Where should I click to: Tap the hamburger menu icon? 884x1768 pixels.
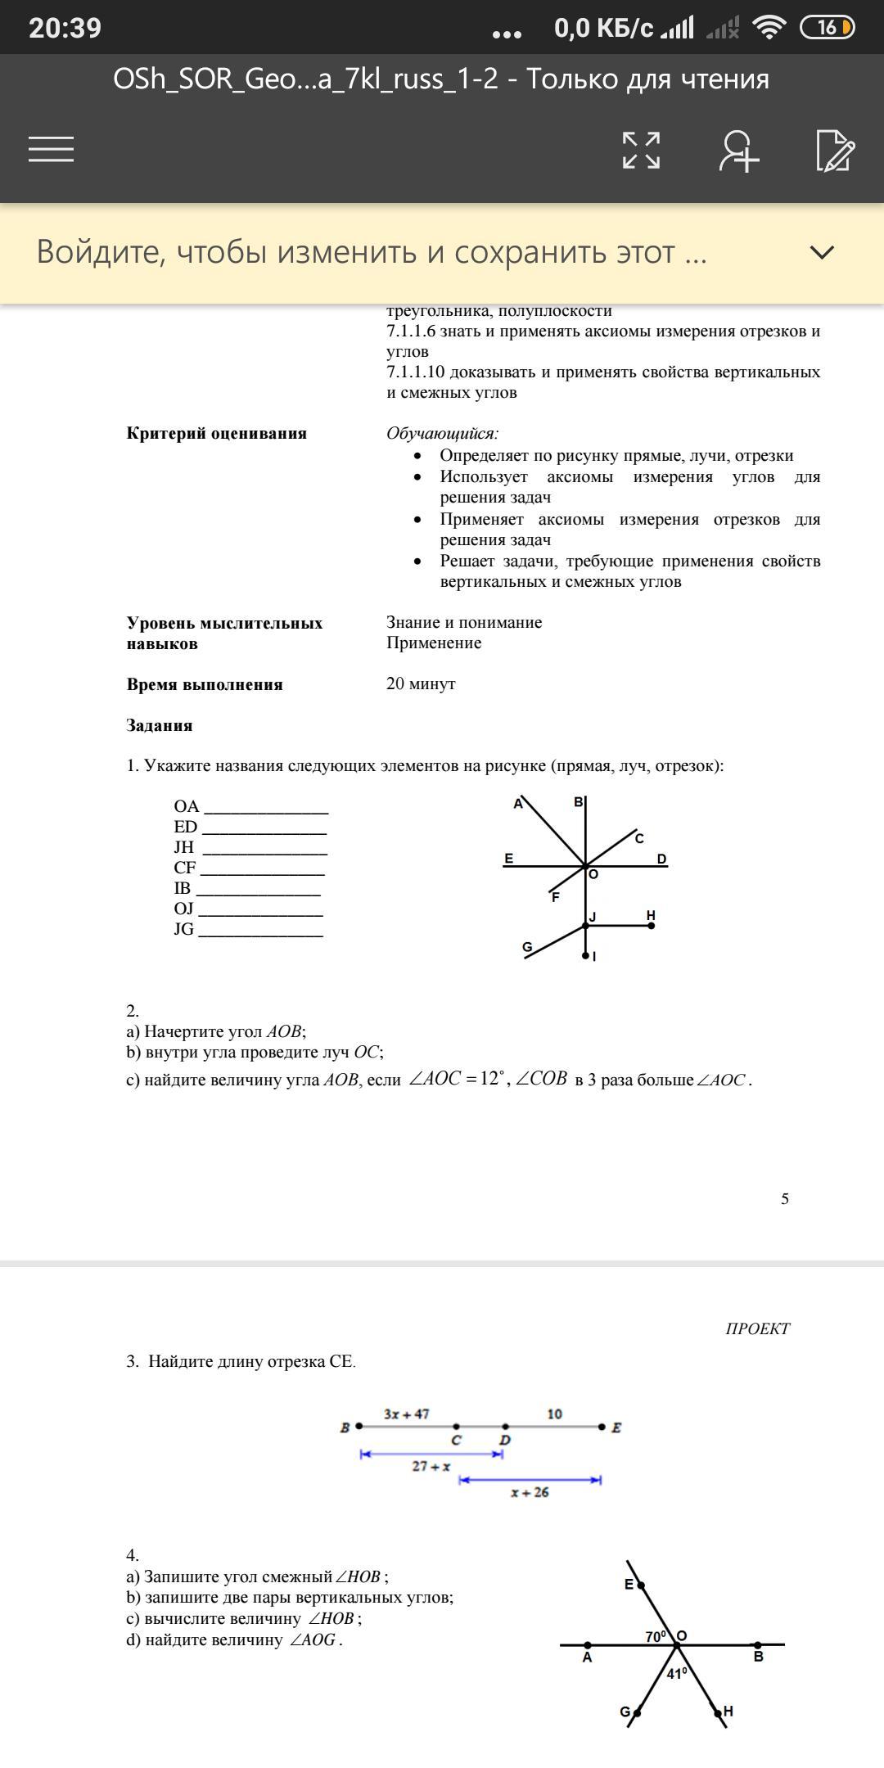[51, 149]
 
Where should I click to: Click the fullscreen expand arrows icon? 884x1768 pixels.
[641, 150]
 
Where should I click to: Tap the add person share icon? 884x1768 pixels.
[739, 151]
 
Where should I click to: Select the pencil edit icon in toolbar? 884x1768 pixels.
[835, 151]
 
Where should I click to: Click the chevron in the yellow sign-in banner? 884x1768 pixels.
[821, 252]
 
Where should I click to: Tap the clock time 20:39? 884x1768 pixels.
[65, 28]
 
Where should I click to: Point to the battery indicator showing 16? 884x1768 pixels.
[827, 28]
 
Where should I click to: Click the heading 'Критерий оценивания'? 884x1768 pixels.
[216, 434]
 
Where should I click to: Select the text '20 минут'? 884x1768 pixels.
[421, 684]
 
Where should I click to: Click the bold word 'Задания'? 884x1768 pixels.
[160, 726]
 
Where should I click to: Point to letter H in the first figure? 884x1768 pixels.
[651, 915]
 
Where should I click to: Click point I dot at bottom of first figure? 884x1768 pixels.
[585, 955]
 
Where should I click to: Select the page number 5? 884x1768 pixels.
[785, 1199]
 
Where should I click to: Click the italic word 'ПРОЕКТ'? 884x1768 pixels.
[757, 1329]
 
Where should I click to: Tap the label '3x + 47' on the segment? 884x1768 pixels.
[406, 1414]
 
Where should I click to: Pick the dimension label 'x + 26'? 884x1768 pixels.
[530, 1493]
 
